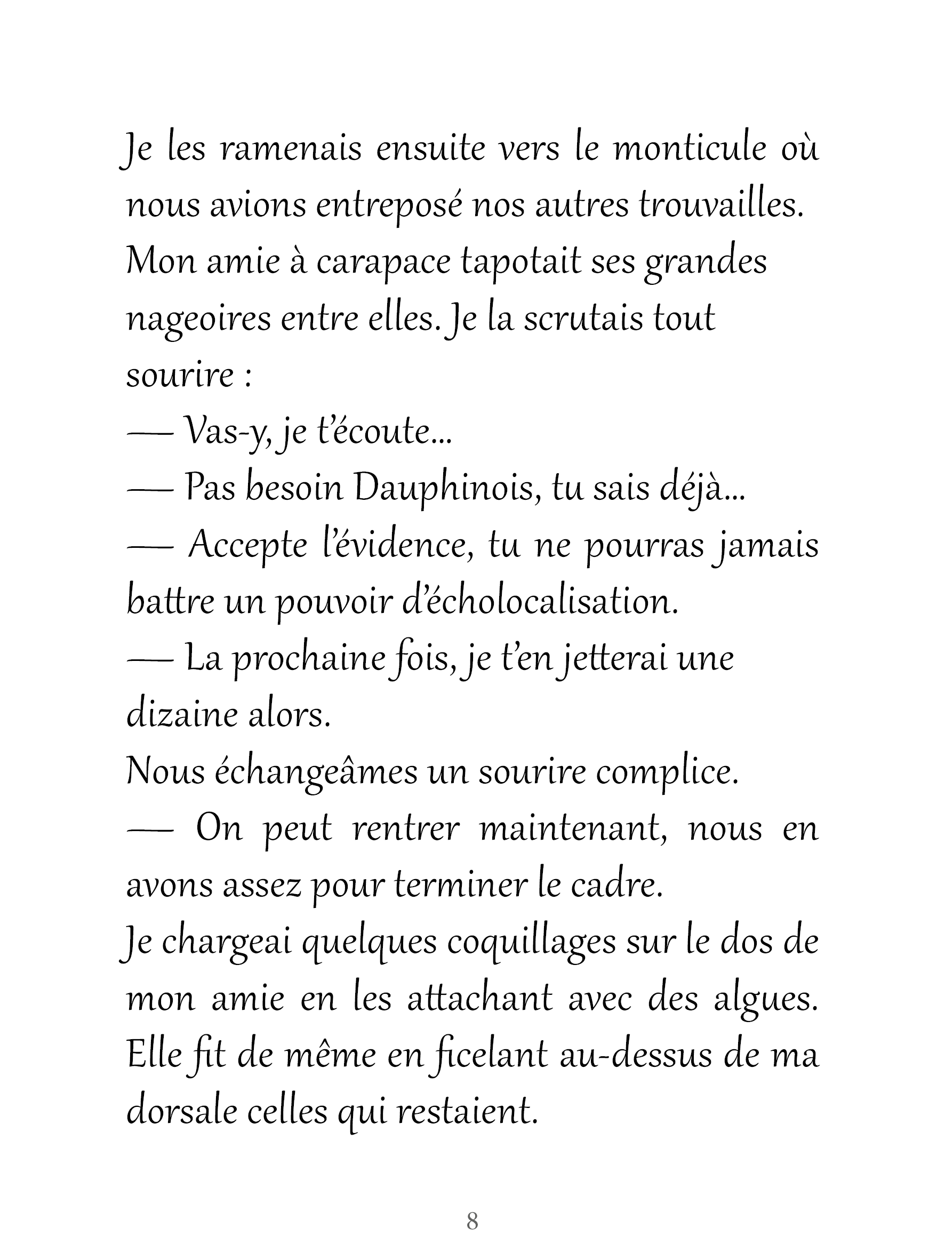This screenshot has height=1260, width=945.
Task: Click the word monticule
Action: [688, 149]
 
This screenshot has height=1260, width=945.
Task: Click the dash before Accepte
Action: [150, 546]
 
